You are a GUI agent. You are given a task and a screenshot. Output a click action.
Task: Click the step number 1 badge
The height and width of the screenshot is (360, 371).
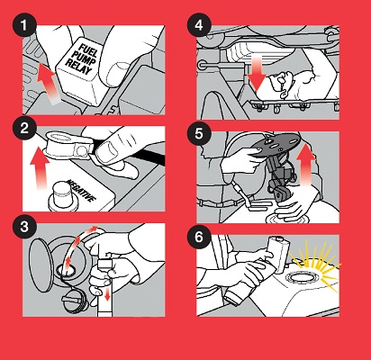tap(24, 26)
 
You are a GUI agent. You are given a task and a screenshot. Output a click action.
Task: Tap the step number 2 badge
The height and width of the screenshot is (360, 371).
tap(24, 128)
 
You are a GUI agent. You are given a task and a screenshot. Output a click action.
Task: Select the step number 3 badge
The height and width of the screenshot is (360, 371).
tap(24, 226)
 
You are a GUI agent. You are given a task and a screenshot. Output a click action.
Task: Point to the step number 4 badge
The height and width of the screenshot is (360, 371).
tap(199, 26)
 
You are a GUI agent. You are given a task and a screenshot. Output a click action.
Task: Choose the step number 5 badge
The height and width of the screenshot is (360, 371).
tap(199, 134)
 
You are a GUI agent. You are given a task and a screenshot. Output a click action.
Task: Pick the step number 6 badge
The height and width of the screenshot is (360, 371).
tap(199, 237)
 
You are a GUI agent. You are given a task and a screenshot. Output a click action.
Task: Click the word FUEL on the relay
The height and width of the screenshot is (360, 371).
tap(87, 50)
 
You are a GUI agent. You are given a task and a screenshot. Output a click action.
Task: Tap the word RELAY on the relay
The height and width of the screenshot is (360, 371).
tap(78, 67)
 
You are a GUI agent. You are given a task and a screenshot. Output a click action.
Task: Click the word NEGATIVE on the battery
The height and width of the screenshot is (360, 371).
tap(81, 191)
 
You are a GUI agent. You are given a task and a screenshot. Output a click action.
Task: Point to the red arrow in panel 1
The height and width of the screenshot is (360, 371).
tap(47, 84)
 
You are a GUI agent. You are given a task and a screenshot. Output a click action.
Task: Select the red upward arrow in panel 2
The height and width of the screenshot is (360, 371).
tap(41, 168)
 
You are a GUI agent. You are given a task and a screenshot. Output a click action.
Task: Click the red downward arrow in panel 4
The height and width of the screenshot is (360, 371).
tap(257, 74)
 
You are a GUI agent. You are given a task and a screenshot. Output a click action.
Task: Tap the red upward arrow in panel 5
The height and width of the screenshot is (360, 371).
tap(306, 165)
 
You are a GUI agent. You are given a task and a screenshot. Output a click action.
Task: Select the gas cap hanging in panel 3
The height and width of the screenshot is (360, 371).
tap(75, 300)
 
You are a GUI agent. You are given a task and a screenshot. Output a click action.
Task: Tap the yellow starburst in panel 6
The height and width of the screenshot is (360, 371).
tap(315, 264)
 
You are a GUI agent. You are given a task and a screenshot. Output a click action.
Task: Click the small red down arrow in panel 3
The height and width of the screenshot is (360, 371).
tap(107, 295)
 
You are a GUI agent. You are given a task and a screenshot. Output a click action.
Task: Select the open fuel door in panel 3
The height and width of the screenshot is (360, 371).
tap(40, 264)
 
